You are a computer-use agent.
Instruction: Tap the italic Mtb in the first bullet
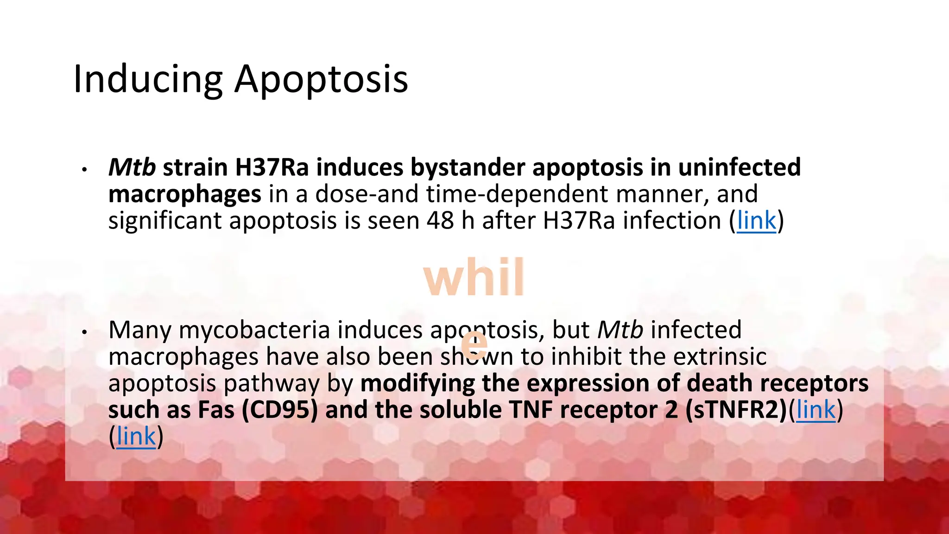click(132, 167)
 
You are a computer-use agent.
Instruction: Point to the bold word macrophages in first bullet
click(184, 194)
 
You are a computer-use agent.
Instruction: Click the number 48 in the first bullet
click(440, 221)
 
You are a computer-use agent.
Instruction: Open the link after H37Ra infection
click(756, 221)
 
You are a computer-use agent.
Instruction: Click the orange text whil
click(474, 278)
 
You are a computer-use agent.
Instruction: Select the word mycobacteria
click(254, 331)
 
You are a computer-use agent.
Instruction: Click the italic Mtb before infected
click(620, 331)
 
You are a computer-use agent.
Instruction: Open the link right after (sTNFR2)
click(816, 410)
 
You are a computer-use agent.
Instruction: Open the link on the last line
click(136, 437)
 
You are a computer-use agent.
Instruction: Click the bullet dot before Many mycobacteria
click(84, 332)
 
